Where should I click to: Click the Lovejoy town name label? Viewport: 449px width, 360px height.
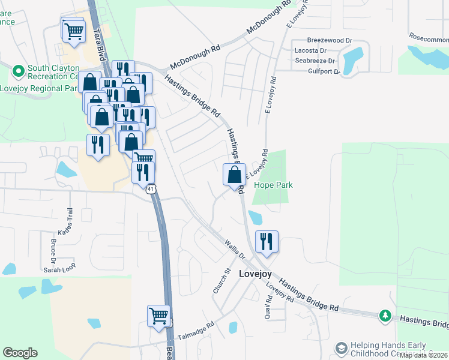pos(256,274)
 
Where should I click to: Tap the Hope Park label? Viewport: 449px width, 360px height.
pos(273,185)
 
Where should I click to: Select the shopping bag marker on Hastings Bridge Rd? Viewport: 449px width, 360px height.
pos(235,175)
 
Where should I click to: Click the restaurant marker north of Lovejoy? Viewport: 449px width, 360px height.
pos(267,241)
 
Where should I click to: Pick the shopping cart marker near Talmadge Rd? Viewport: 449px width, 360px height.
pos(159,316)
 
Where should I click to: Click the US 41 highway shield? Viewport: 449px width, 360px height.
pos(151,188)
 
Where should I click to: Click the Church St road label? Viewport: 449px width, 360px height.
pos(222,281)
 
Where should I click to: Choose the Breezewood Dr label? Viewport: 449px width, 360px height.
pos(329,40)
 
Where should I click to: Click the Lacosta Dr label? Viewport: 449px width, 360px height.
pos(310,51)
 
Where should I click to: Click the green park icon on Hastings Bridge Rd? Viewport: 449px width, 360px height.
pos(385,316)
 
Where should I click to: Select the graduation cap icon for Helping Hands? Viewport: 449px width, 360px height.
pos(342,349)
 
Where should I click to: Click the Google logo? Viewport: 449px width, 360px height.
pos(20,353)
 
